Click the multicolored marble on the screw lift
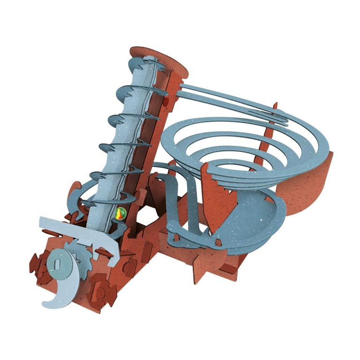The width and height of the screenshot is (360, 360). [120, 214]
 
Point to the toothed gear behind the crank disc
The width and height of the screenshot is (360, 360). [75, 248]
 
